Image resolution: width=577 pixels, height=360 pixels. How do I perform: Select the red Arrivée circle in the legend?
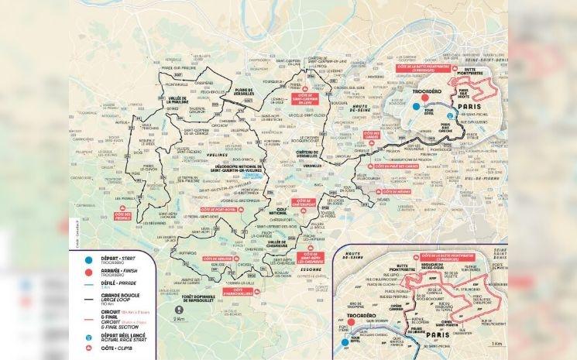(78, 272)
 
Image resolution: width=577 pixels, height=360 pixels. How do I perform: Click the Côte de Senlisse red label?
(214, 257)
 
